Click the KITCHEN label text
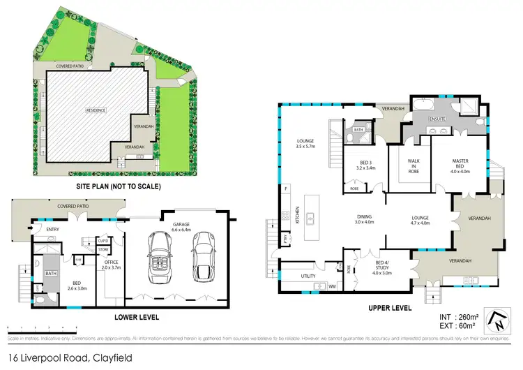(298, 214)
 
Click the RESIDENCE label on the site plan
(96, 110)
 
